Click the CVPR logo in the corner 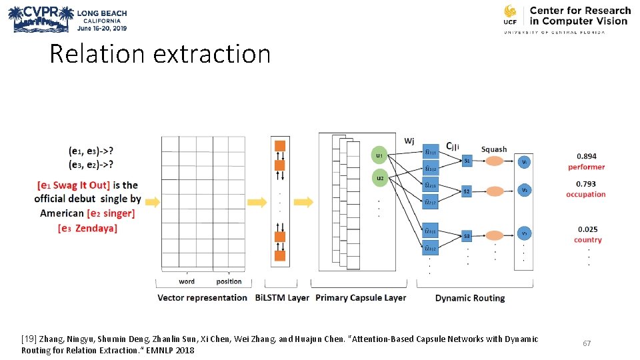[x=41, y=19]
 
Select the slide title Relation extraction [x=160, y=54]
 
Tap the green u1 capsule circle [x=379, y=155]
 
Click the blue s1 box [x=467, y=161]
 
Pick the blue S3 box [x=467, y=236]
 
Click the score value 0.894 [x=587, y=157]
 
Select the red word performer [x=587, y=167]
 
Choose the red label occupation [x=586, y=195]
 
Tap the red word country [x=587, y=240]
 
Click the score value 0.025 [x=587, y=229]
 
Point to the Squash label [x=494, y=149]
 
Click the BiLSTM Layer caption [x=282, y=298]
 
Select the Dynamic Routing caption [x=470, y=298]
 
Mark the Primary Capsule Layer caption [x=361, y=298]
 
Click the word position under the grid [x=229, y=281]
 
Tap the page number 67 [x=587, y=343]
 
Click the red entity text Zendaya [x=97, y=228]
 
